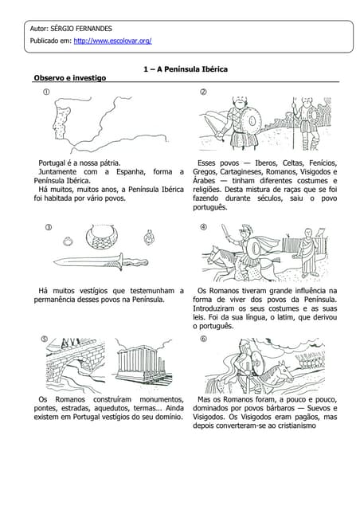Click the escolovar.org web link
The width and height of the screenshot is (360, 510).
pos(112,40)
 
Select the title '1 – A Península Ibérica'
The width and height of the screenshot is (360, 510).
pos(185,69)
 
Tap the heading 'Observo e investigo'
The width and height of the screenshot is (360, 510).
pos(68,78)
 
